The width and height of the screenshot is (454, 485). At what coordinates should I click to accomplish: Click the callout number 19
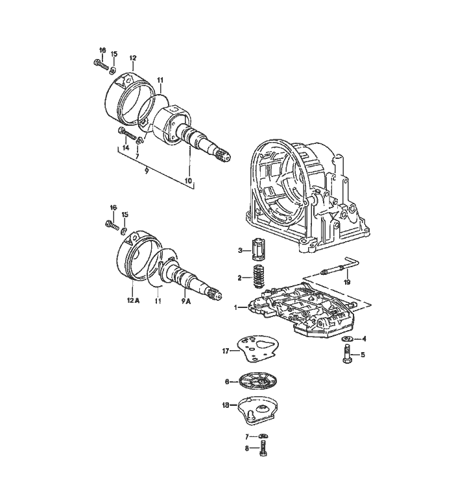[x=347, y=282]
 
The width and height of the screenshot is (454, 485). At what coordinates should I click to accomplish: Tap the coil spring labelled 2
[x=259, y=276]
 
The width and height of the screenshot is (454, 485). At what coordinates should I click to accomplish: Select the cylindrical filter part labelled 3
[x=257, y=249]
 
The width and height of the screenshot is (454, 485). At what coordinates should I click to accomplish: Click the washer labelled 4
[x=348, y=338]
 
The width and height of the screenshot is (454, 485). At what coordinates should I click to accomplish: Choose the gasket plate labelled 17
[x=258, y=350]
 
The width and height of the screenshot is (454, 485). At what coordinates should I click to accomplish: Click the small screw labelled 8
[x=263, y=449]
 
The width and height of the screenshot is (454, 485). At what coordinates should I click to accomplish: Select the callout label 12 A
[x=133, y=300]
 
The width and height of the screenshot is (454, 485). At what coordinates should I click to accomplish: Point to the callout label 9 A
[x=186, y=300]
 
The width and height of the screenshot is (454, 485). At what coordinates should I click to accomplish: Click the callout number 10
[x=189, y=181]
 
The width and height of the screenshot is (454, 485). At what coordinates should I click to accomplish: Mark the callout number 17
[x=226, y=351]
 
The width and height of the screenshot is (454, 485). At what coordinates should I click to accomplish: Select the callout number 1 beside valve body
[x=235, y=307]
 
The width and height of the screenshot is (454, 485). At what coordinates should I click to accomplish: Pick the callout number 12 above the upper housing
[x=133, y=58]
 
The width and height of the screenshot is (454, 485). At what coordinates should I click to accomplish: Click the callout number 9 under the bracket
[x=147, y=171]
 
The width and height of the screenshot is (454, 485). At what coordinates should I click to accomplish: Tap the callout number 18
[x=226, y=405]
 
